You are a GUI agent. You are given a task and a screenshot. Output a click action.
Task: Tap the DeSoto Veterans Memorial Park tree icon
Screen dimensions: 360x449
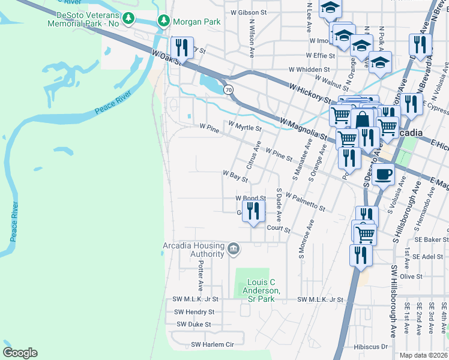[128, 19]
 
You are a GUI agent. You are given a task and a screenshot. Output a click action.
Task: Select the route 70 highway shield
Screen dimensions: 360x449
[228, 90]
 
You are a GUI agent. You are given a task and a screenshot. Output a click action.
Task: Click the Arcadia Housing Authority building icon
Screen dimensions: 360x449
[234, 248]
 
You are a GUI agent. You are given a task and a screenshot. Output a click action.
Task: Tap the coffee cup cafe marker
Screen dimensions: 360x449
[383, 175]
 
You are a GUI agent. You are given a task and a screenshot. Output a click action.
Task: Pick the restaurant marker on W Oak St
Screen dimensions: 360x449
[181, 47]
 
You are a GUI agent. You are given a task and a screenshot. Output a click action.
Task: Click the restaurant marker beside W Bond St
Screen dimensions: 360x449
[253, 211]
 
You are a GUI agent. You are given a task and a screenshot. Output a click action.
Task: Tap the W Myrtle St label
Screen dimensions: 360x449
[244, 128]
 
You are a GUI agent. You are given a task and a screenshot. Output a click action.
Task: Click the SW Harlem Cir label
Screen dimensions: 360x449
[212, 344]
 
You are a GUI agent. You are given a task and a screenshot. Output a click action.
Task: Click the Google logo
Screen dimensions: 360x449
[20, 352]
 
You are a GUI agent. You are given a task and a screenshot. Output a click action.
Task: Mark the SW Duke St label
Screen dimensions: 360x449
[193, 324]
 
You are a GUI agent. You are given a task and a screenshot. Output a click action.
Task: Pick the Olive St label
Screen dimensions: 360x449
[411, 276]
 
